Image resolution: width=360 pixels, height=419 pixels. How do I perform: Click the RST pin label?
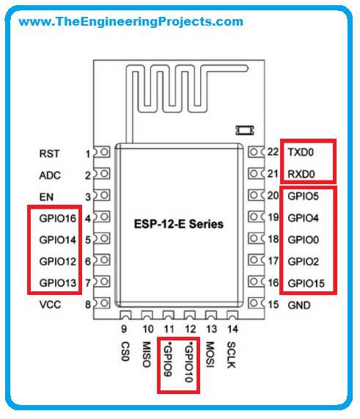[x=49, y=154]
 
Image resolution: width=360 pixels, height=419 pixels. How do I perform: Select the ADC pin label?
[x=50, y=175]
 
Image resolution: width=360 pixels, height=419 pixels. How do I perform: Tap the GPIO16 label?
[x=58, y=219]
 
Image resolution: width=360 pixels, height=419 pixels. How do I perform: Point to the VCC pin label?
[x=50, y=305]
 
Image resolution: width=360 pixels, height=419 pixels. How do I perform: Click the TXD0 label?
[x=301, y=153]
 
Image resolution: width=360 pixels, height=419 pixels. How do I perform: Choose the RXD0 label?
[x=301, y=174]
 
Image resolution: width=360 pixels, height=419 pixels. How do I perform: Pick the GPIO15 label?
[x=306, y=283]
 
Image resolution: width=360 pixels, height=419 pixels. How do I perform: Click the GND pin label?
[x=299, y=305]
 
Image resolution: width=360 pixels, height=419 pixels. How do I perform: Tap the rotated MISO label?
[x=147, y=354]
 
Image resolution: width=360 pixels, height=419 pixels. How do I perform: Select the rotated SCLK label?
[x=231, y=355]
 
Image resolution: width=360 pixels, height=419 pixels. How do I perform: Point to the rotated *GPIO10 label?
[x=189, y=362]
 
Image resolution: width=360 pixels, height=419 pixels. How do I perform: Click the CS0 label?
[x=125, y=351]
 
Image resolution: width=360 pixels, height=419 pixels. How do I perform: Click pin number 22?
[x=273, y=152]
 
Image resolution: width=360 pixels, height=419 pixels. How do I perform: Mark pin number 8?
[x=88, y=305]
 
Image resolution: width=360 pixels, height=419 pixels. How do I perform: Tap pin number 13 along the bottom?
[x=211, y=329]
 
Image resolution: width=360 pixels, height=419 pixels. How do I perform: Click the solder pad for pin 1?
[x=102, y=152]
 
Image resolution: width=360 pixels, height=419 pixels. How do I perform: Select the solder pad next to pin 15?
[x=256, y=303]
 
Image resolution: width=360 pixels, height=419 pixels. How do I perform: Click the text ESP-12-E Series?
[x=179, y=224]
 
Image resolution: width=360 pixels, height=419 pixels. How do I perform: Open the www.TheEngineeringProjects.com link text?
[x=131, y=21]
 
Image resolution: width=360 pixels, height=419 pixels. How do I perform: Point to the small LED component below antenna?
[x=245, y=130]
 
